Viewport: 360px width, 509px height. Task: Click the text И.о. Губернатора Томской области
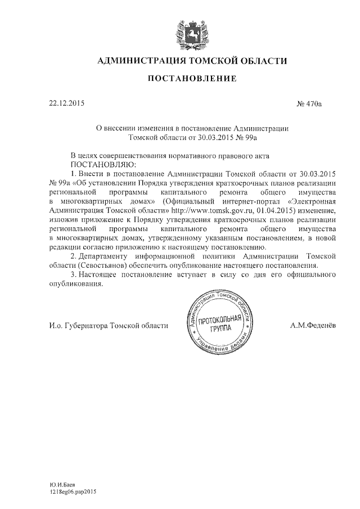[x=109, y=325]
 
